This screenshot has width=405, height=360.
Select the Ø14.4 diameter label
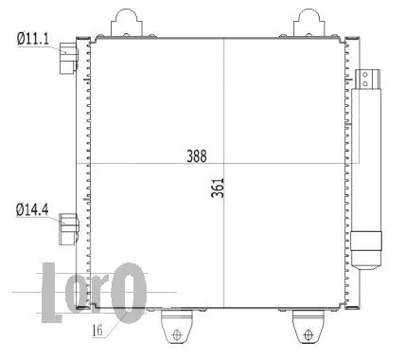[x=31, y=207]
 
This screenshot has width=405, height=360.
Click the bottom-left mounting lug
[x=173, y=327]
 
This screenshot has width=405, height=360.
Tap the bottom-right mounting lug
[x=308, y=327]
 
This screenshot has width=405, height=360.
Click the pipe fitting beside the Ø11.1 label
[x=68, y=58]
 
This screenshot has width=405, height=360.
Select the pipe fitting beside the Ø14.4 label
[x=68, y=225]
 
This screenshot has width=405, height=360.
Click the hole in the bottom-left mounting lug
[x=173, y=333]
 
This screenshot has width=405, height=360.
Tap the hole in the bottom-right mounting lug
[x=308, y=333]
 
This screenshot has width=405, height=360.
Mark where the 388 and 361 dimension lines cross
[x=223, y=161]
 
